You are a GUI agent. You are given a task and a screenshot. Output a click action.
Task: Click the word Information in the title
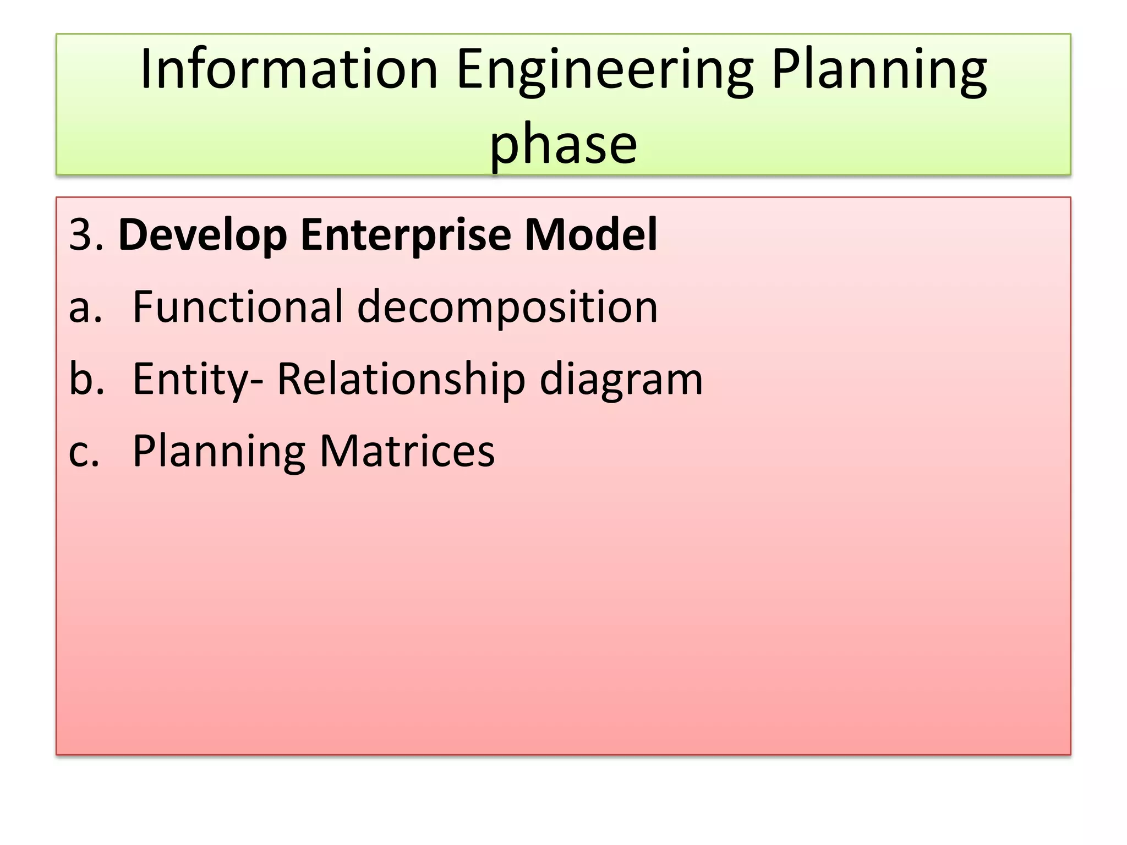289,69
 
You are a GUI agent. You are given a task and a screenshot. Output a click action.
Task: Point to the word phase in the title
563,144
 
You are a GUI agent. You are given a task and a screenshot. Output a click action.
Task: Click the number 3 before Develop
80,235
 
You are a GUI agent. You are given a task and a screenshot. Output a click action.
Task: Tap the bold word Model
591,235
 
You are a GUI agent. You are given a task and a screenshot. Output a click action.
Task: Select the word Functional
238,306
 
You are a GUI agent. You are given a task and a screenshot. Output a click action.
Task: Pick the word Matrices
407,451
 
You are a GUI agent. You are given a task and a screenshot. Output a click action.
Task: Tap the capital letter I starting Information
145,69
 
